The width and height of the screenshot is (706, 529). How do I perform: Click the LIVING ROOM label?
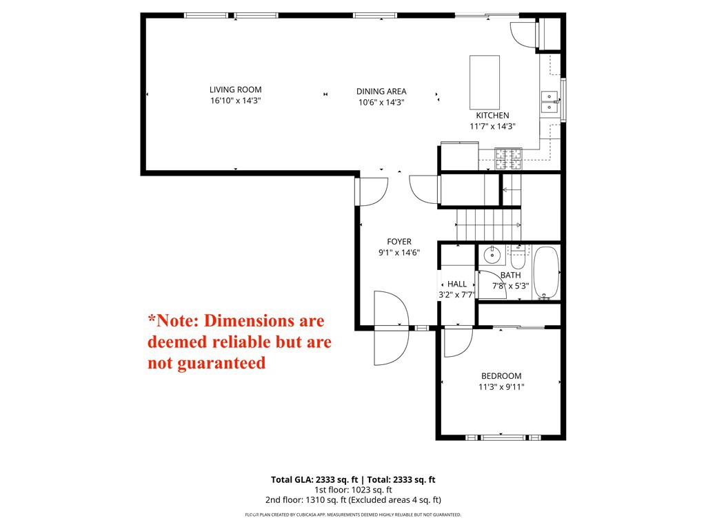coord(236,90)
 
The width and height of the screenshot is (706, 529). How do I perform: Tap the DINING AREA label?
coord(381,92)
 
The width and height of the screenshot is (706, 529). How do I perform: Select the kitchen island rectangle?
coord(485,83)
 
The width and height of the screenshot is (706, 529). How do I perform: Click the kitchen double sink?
coord(549,102)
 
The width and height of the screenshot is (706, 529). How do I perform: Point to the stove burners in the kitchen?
coord(509,159)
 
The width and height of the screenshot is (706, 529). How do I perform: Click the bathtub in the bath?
coord(546,273)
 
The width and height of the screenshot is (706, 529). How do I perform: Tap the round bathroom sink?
coord(492,256)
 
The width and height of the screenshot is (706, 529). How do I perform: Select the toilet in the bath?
coord(518,258)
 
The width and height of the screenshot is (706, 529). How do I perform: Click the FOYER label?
coord(399,242)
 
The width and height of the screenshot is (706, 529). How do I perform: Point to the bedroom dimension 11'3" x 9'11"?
coord(501,387)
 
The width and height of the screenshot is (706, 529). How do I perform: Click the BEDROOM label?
coord(501,376)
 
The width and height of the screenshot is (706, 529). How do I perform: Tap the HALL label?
coord(457,284)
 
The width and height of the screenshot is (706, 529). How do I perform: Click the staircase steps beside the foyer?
coord(489,225)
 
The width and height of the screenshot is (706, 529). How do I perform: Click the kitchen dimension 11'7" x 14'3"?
coord(492,127)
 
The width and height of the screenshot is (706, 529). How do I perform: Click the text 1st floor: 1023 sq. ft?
coord(353,490)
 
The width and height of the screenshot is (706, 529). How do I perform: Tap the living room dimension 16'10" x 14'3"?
coord(236,101)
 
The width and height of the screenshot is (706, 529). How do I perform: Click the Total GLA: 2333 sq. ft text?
coord(314,479)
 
